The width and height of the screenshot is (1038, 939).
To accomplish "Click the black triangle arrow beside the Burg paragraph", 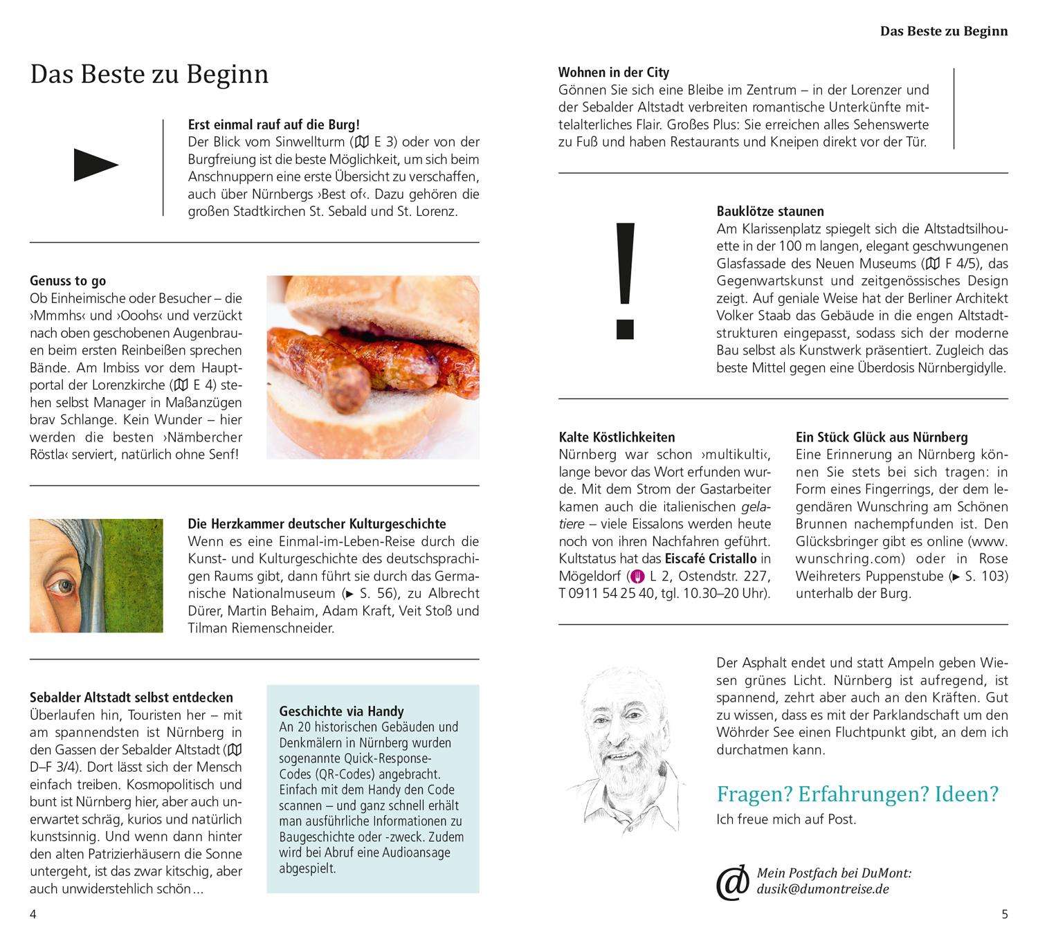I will click(95, 165).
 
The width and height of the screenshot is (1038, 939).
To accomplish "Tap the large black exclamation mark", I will click(625, 280).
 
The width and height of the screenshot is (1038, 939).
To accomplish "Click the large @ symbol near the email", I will click(733, 882).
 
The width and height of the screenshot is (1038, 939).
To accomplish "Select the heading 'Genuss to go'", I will click(68, 280).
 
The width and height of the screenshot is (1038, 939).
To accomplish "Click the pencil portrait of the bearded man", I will click(623, 747).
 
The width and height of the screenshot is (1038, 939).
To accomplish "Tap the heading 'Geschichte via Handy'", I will click(341, 711).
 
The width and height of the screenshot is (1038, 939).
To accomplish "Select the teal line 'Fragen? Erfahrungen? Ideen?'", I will click(857, 794).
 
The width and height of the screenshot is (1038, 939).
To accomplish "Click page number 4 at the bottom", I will click(33, 914).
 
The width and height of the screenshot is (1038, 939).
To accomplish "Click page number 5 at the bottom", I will click(1005, 914).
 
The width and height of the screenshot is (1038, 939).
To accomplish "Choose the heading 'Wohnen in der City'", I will click(614, 72).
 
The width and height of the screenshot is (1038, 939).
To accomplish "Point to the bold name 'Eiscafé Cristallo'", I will click(711, 558).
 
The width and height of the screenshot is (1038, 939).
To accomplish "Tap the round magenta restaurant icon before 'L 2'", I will click(637, 576).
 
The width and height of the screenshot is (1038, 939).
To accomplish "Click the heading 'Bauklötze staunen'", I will click(770, 211).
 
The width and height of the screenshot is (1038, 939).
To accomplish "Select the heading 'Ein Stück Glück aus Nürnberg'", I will click(882, 437).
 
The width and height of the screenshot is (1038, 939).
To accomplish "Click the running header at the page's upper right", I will click(943, 31).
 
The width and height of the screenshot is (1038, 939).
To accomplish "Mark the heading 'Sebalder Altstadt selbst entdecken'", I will click(131, 697).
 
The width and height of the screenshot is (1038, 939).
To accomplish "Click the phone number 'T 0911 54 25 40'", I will click(607, 593).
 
